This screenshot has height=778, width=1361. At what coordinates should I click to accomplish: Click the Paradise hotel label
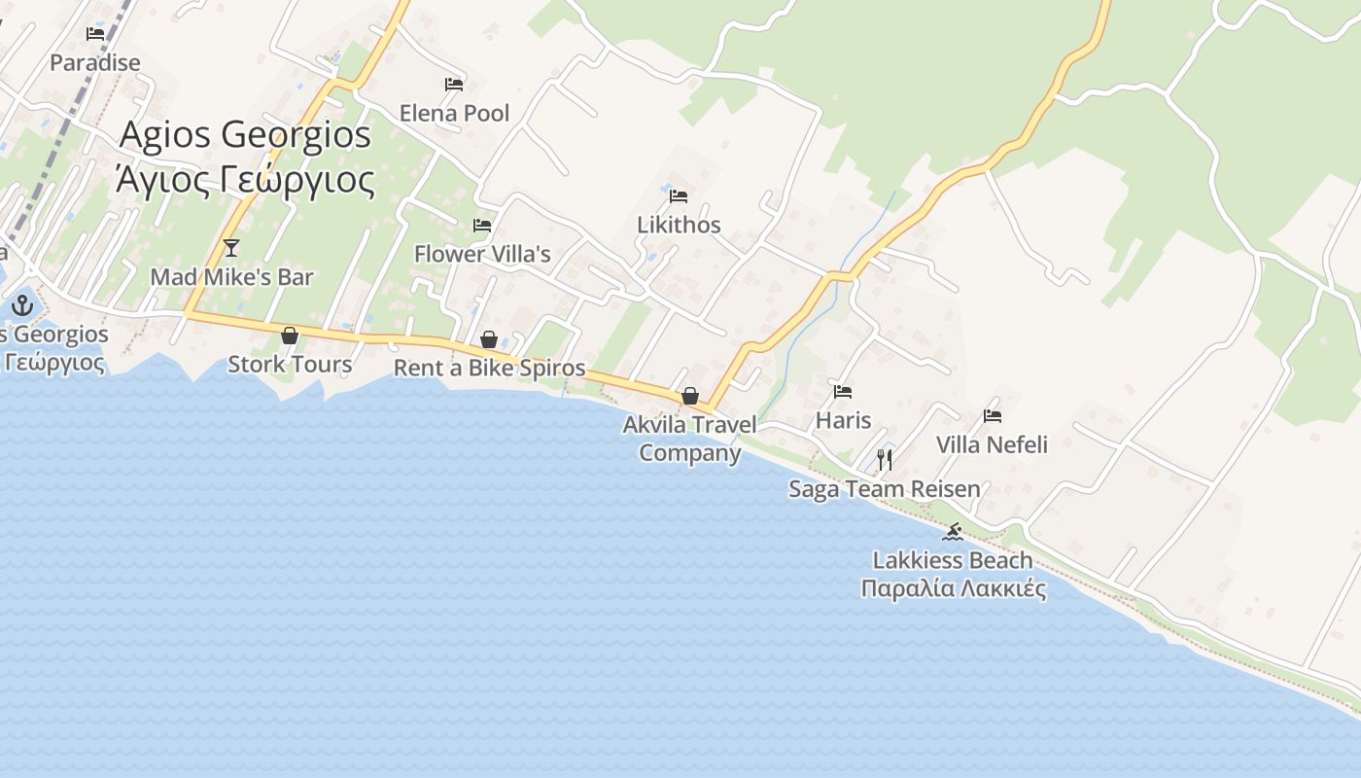(x=95, y=62)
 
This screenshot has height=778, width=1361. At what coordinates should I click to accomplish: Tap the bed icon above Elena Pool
(x=454, y=85)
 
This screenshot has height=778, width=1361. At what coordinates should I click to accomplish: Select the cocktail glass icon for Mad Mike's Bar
(x=231, y=248)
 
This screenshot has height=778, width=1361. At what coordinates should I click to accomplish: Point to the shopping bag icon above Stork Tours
(x=290, y=336)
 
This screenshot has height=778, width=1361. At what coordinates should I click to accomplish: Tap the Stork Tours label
(x=290, y=364)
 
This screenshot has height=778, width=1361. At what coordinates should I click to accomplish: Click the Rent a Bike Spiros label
(x=489, y=368)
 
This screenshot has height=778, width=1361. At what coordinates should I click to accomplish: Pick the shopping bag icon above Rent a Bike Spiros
(x=489, y=339)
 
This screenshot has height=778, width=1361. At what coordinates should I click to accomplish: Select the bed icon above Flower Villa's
(x=482, y=226)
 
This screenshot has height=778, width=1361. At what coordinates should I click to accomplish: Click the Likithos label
(x=679, y=225)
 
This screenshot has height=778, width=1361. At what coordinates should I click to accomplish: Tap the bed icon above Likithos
(x=679, y=196)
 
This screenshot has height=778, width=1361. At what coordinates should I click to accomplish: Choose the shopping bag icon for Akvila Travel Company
(x=690, y=396)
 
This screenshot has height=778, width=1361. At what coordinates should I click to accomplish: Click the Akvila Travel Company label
(x=690, y=438)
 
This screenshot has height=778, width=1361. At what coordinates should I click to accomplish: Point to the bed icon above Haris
(x=843, y=392)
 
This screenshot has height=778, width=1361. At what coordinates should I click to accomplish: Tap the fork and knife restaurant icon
(x=885, y=460)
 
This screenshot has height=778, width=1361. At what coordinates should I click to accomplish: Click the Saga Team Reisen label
(x=885, y=488)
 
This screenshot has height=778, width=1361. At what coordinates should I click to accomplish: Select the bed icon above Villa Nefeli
(x=993, y=416)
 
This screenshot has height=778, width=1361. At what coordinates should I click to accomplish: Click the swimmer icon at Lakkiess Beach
(x=953, y=532)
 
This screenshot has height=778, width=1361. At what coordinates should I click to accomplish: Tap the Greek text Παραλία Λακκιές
(x=953, y=588)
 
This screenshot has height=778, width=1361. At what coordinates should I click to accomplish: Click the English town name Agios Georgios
(x=245, y=134)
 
